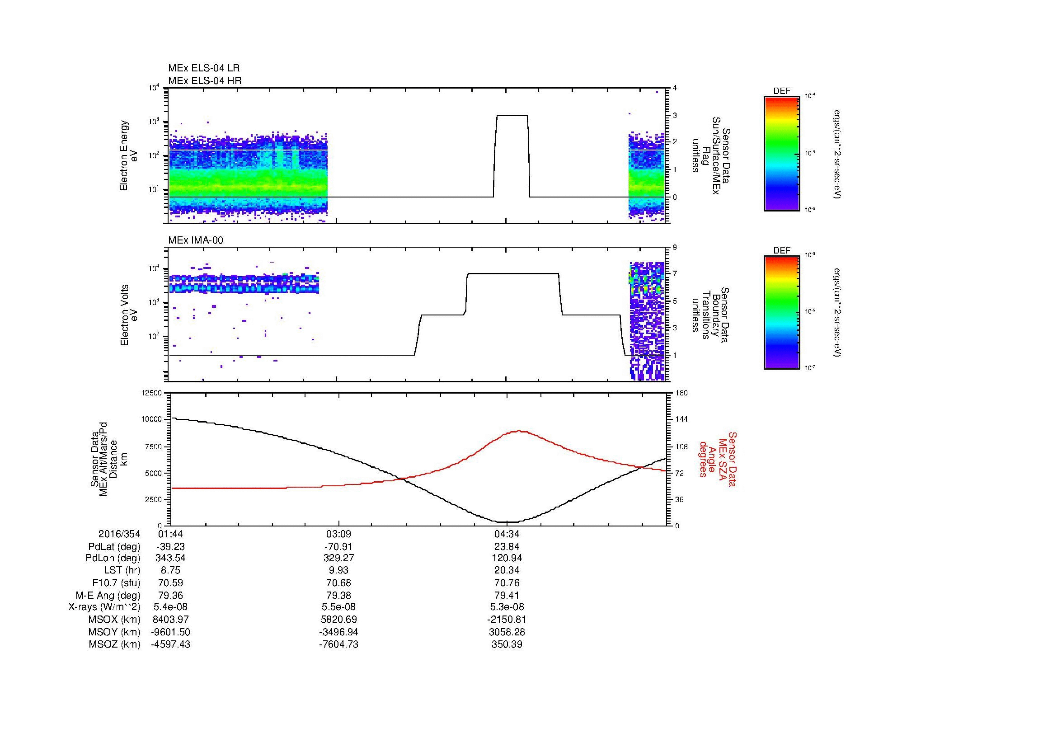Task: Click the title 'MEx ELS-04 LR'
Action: (x=204, y=68)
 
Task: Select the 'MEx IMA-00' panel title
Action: (x=196, y=240)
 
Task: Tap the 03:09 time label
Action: (x=339, y=534)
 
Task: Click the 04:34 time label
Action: (x=507, y=534)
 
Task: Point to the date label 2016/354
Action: (x=119, y=534)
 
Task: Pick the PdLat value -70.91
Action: (x=339, y=547)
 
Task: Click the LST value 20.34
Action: (x=507, y=570)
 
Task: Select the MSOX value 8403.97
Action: (x=171, y=620)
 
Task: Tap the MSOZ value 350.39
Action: (x=507, y=644)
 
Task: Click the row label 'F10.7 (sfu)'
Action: (x=116, y=583)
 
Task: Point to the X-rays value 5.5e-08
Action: (x=339, y=607)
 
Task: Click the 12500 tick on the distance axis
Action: (x=152, y=393)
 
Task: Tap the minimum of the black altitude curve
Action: (x=507, y=522)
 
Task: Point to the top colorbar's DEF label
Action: (x=781, y=91)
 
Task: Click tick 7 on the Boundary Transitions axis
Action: (x=674, y=274)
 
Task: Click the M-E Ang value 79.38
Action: (x=339, y=595)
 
